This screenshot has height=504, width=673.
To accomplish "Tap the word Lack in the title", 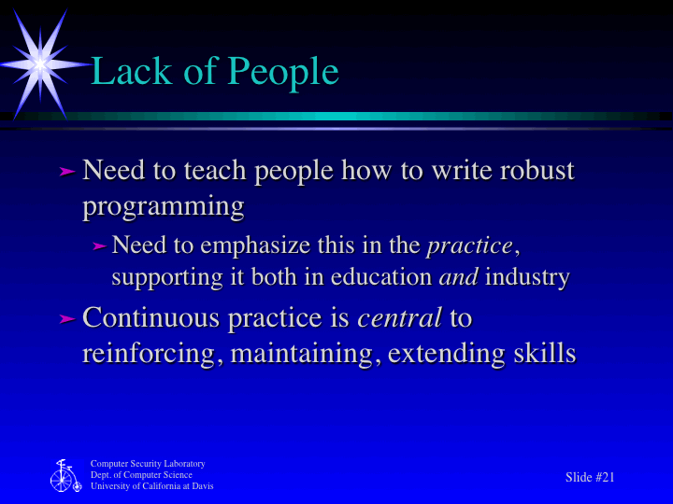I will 132,72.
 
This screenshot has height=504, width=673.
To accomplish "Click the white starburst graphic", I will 39,63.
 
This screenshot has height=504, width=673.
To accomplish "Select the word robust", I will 536,171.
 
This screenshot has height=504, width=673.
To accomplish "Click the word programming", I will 164,205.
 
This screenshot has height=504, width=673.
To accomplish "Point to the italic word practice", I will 469,245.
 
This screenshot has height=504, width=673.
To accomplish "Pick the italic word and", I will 458,277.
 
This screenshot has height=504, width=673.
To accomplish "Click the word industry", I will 527,277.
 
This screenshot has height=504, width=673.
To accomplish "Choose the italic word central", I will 399,318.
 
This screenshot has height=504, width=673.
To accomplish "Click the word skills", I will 542,354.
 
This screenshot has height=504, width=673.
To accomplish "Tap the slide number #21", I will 604,477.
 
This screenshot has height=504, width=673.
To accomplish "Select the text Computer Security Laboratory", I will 148,464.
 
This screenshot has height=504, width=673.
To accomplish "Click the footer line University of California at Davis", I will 151,486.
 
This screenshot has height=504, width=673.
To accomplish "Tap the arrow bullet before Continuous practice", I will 65,319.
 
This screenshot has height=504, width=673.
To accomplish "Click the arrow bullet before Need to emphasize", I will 99,246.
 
